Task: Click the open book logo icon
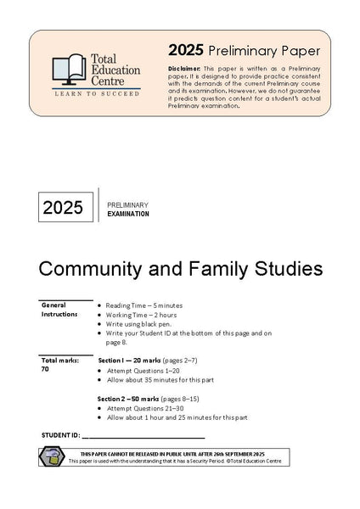(x=67, y=70)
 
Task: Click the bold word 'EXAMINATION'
(x=129, y=215)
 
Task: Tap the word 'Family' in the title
(x=224, y=270)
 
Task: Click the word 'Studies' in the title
(x=291, y=270)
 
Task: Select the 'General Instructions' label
(x=59, y=309)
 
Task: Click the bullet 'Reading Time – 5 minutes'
(x=146, y=305)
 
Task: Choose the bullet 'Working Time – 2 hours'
(x=143, y=314)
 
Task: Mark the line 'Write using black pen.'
(x=137, y=323)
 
